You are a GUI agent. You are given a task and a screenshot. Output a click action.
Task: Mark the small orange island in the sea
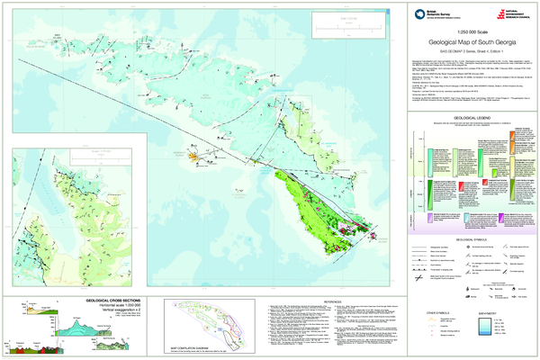coord(193,156)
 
